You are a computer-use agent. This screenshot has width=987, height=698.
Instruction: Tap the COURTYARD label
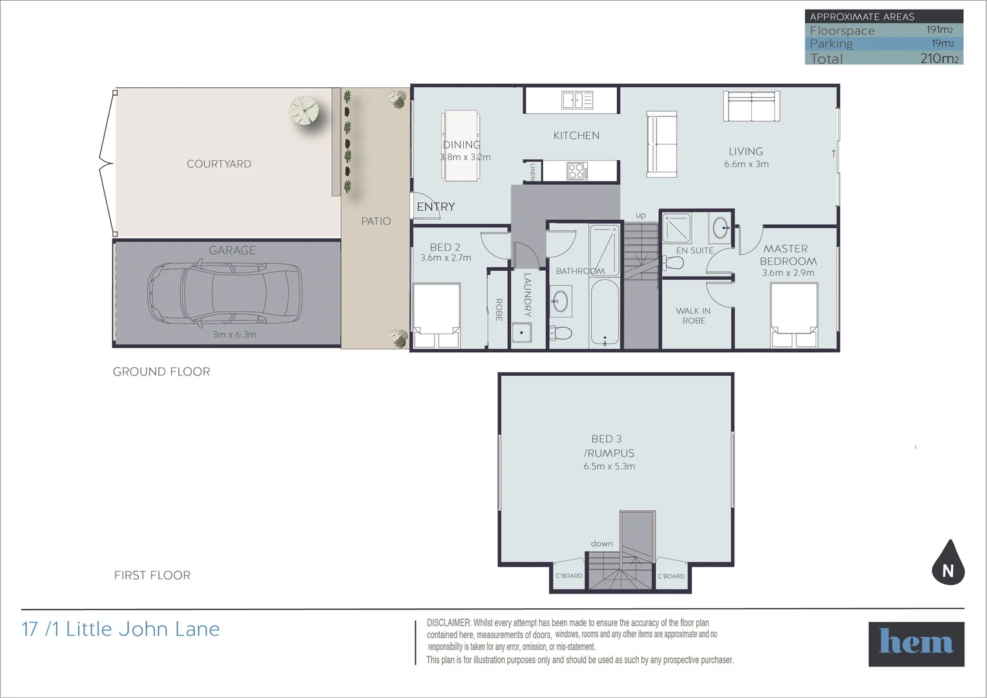click(219, 164)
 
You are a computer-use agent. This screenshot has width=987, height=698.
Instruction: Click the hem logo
click(916, 644)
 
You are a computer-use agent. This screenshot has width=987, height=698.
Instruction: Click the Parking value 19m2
click(942, 43)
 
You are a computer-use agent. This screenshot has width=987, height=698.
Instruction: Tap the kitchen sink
click(577, 100)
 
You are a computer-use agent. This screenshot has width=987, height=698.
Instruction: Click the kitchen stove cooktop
click(576, 171)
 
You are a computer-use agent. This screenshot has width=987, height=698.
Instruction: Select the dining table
click(461, 145)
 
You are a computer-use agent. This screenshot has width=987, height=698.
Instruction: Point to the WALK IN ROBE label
click(693, 315)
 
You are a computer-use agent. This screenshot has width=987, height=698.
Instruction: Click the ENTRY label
click(436, 207)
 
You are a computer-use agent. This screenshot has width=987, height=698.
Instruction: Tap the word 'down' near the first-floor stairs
click(601, 544)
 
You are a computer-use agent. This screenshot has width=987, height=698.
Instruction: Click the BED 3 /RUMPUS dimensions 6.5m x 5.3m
click(609, 466)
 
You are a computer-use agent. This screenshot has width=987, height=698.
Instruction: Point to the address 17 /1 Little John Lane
click(121, 629)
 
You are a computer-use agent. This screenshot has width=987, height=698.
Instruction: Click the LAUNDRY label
click(527, 295)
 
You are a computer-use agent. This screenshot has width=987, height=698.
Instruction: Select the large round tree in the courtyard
click(306, 111)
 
